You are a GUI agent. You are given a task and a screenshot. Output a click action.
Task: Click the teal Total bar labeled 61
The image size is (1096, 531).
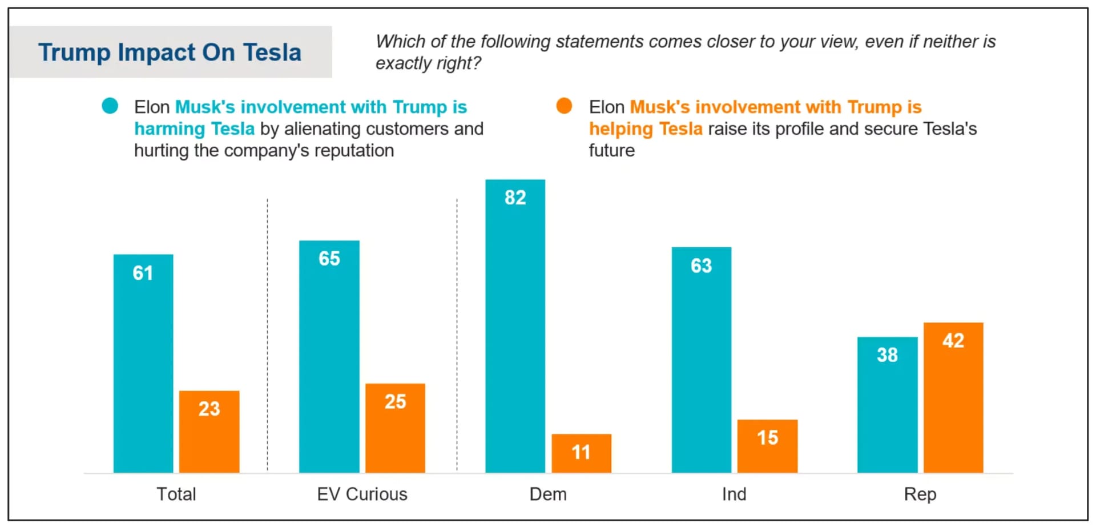pyautogui.click(x=143, y=365)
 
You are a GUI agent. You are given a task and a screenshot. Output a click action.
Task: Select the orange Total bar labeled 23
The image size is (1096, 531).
pyautogui.click(x=209, y=433)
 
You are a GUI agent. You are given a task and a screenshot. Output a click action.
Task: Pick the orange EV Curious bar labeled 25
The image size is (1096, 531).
pyautogui.click(x=395, y=429)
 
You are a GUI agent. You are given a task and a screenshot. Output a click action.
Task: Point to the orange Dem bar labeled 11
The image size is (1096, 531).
pyautogui.click(x=581, y=454)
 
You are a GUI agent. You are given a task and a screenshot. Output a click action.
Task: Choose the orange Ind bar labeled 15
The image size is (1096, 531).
pyautogui.click(x=767, y=447)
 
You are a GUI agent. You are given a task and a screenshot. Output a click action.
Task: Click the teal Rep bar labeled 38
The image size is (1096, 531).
pyautogui.click(x=887, y=406)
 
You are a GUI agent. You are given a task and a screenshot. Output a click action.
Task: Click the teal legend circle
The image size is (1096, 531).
pyautogui.click(x=110, y=106)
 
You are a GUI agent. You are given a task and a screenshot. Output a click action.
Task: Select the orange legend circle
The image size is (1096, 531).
pyautogui.click(x=564, y=106)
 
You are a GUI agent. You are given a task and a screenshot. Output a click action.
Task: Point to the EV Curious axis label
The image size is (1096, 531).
pyautogui.click(x=362, y=494)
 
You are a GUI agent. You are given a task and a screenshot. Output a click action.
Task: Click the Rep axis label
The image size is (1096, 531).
pyautogui.click(x=920, y=494)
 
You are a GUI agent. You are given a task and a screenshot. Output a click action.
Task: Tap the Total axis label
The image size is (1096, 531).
pyautogui.click(x=176, y=494)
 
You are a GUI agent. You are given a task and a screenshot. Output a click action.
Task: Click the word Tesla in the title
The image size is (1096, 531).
pyautogui.click(x=272, y=52)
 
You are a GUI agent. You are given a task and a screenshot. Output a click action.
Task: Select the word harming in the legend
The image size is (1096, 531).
pyautogui.click(x=170, y=129)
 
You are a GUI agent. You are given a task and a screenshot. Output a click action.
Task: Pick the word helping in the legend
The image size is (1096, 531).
pyautogui.click(x=620, y=129)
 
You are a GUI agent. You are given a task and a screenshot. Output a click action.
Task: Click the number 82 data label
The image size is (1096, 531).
pyautogui.click(x=515, y=198)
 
